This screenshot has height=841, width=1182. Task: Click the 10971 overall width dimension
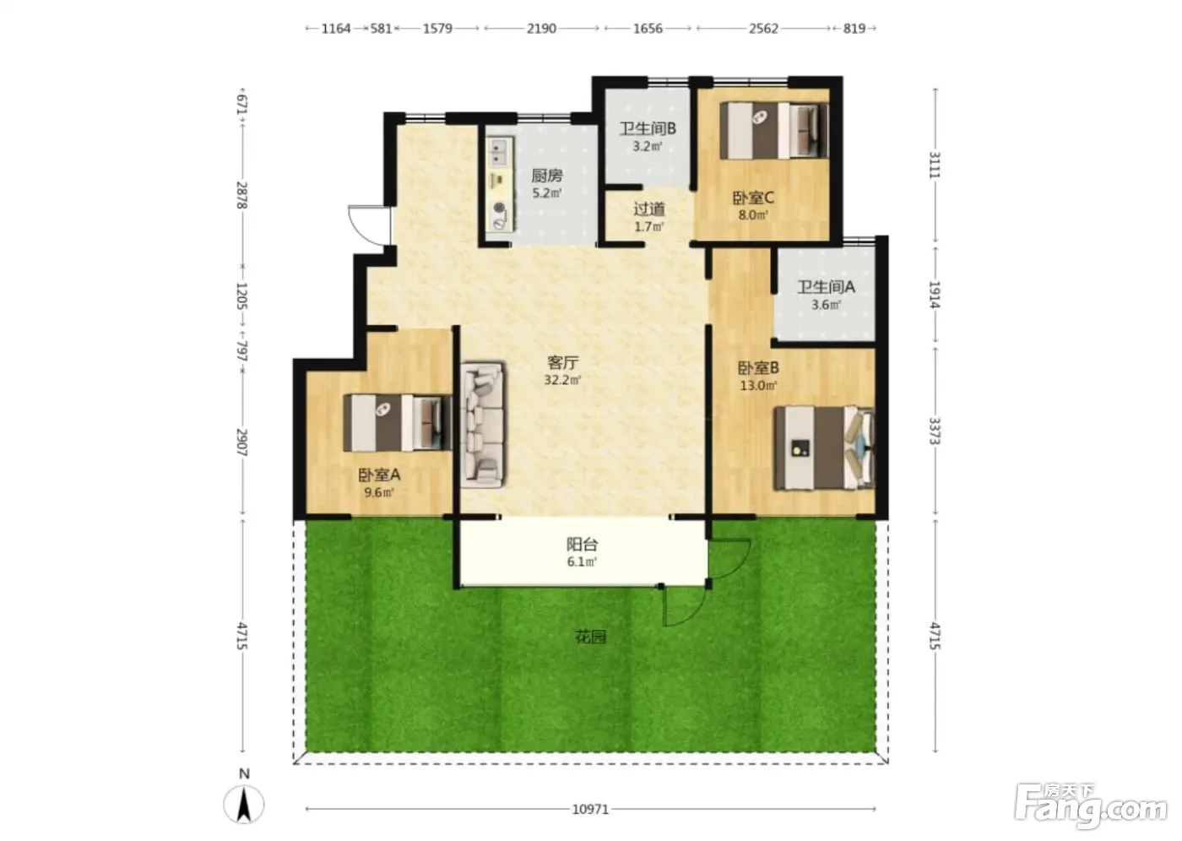(x=590, y=809)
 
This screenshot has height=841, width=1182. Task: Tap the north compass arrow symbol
(x=244, y=804)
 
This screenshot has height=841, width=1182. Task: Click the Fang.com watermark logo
(x=1091, y=805)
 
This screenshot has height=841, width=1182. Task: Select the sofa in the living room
(x=483, y=424)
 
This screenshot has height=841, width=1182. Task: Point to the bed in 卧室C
(x=774, y=130)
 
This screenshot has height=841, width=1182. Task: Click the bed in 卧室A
(x=398, y=422)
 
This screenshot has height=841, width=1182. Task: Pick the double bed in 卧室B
(x=824, y=448)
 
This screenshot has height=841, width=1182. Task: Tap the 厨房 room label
(x=547, y=175)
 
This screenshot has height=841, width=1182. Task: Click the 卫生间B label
(x=648, y=128)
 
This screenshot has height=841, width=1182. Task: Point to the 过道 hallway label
(x=649, y=209)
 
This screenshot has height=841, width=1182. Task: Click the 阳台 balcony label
(x=582, y=544)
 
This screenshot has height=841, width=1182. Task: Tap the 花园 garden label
(x=590, y=637)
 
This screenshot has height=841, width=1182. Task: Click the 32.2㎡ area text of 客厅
(x=562, y=380)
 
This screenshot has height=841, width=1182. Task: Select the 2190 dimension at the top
(x=541, y=29)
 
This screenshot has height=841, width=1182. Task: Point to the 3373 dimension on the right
(x=935, y=431)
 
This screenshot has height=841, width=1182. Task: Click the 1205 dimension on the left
(x=241, y=296)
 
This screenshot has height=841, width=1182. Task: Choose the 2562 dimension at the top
(x=763, y=29)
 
